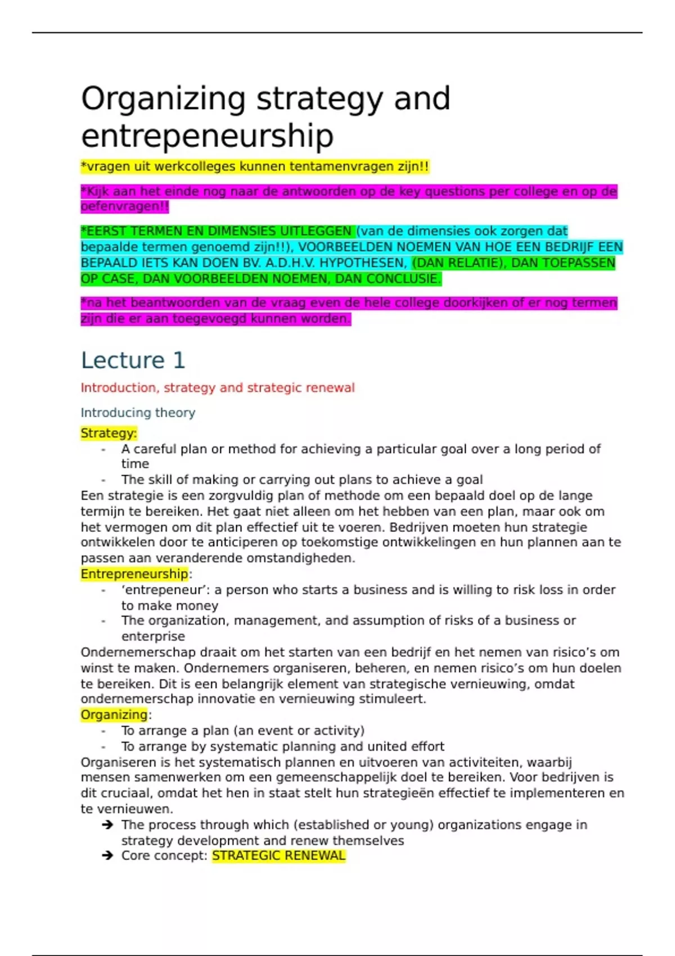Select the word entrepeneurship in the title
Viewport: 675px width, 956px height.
(x=207, y=136)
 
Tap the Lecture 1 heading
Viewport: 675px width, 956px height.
(x=133, y=360)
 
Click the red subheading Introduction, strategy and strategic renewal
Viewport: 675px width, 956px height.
(x=218, y=388)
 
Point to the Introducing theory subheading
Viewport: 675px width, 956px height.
(x=138, y=413)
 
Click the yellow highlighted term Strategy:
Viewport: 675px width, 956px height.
(x=109, y=434)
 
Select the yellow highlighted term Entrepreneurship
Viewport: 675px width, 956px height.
(x=134, y=574)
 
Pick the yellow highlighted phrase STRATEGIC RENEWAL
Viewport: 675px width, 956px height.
(x=278, y=856)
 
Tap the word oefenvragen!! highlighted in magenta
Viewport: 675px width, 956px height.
(x=124, y=206)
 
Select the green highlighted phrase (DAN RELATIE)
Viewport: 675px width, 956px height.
(x=457, y=263)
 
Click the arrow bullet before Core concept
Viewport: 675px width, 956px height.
(x=107, y=856)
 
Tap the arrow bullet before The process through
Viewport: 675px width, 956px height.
(x=107, y=825)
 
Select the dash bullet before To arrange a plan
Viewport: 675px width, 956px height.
(x=103, y=731)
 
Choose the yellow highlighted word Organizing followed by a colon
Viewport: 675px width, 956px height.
(x=114, y=715)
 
